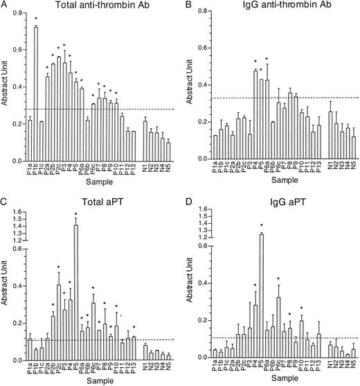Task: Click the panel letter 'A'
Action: pyautogui.click(x=5, y=6)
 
